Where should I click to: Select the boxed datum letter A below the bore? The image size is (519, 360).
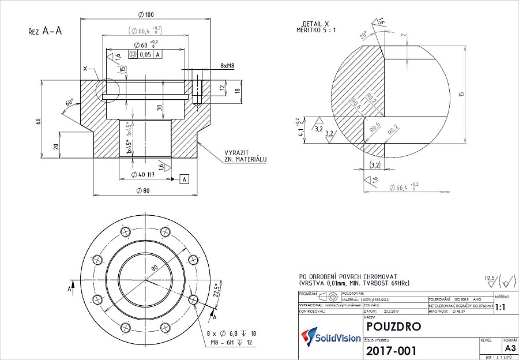click(x=185, y=179)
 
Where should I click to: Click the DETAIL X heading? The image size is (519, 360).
click(x=316, y=24)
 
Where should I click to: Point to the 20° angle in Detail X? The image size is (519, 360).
click(x=363, y=34)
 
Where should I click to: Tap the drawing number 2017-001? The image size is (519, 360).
click(x=391, y=350)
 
